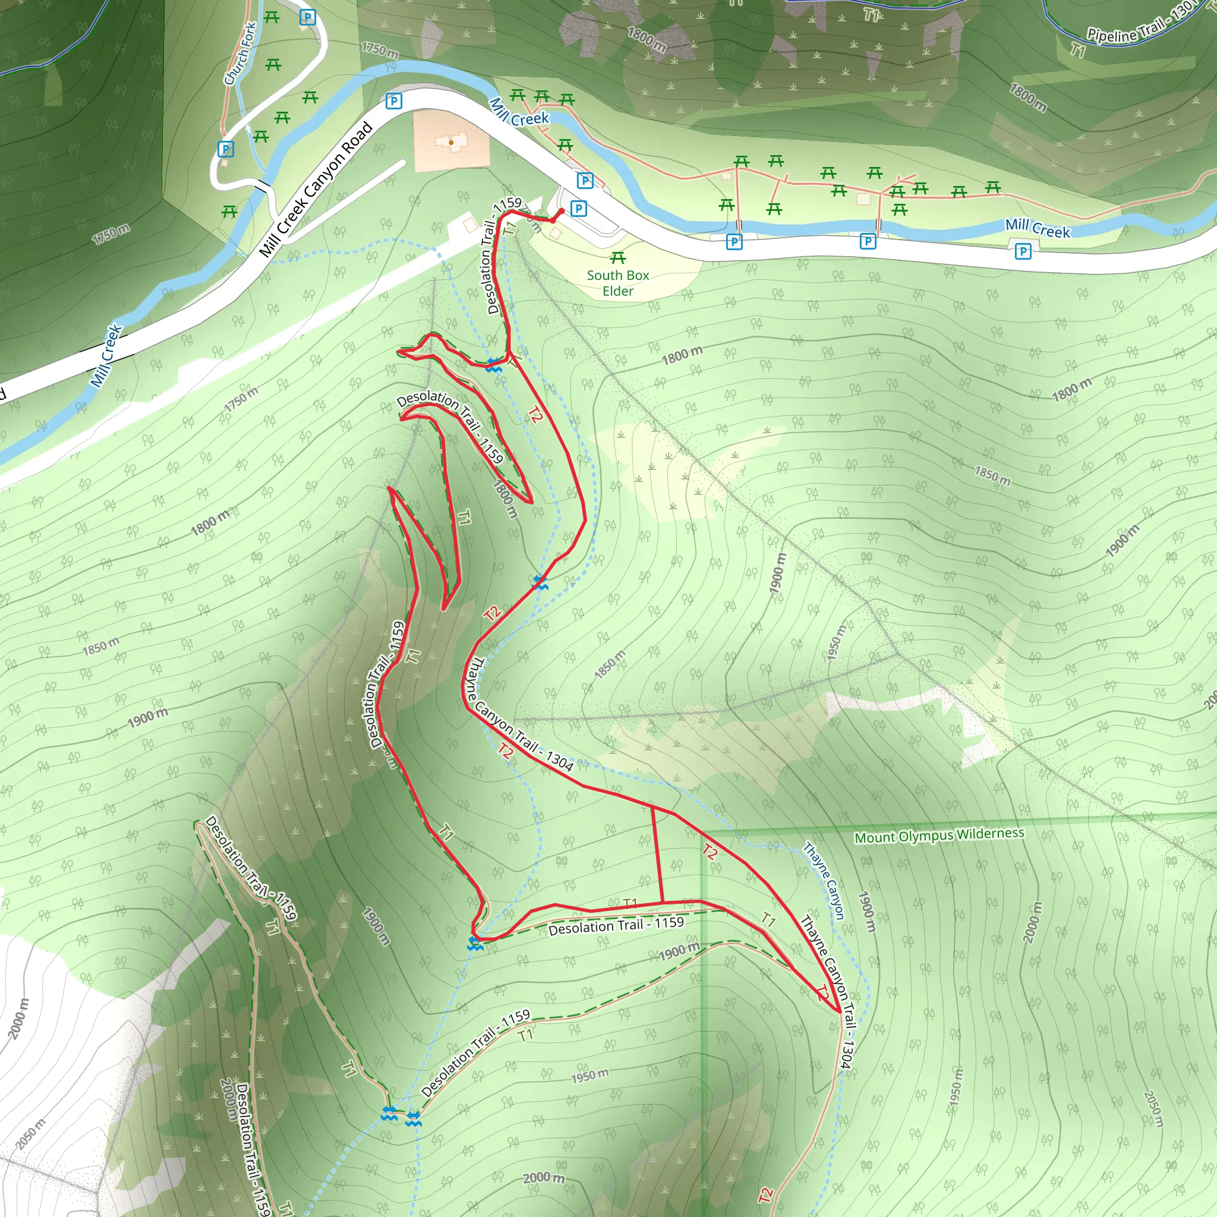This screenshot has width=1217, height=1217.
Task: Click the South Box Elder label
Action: click(x=617, y=283)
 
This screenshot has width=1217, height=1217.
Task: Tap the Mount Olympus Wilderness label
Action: click(x=938, y=835)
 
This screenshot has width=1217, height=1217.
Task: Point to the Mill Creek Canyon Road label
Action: click(x=316, y=189)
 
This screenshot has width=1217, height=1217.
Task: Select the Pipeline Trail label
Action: click(x=1140, y=26)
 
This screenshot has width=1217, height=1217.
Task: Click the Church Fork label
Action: click(x=240, y=54)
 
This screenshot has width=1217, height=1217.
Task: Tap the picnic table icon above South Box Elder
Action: click(x=618, y=258)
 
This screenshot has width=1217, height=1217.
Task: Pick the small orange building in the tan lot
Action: click(x=452, y=143)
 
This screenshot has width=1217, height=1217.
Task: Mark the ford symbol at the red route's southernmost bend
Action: click(x=475, y=943)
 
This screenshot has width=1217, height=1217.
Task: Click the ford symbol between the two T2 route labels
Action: click(x=540, y=581)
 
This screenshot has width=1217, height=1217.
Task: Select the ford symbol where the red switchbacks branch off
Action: click(x=494, y=364)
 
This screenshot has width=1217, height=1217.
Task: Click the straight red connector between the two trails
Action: click(x=657, y=854)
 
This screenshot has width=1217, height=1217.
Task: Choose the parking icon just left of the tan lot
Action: click(x=394, y=101)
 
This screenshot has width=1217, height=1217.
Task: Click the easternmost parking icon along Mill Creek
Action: click(x=1023, y=251)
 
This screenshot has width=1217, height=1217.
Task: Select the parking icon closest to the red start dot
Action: click(x=578, y=208)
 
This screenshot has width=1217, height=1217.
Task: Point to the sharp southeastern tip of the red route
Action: click(x=840, y=1011)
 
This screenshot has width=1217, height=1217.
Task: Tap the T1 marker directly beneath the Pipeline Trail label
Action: click(x=1078, y=49)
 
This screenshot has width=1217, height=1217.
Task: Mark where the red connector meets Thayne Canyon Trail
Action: click(x=652, y=806)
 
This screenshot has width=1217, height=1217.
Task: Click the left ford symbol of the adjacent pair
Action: click(x=389, y=1114)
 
